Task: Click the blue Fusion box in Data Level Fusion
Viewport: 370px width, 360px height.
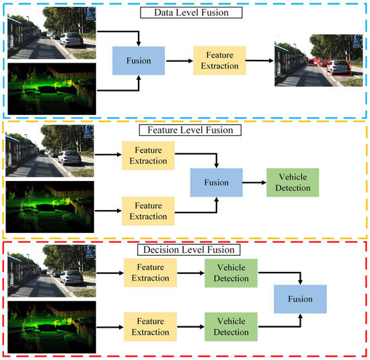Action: coord(137,61)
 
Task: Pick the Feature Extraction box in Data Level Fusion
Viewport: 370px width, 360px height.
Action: coord(217,61)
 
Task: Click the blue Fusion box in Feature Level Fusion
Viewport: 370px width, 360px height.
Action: coord(216,182)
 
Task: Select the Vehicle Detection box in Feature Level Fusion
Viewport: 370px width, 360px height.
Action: coord(292,182)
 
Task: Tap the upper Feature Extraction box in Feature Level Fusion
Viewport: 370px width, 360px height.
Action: coord(147,155)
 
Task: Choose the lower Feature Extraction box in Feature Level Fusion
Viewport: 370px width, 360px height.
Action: coord(147,211)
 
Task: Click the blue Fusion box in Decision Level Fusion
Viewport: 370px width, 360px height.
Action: coord(299,299)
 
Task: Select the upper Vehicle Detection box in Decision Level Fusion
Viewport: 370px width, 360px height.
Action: coord(231,273)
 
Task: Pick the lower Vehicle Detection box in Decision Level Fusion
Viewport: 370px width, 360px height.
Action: coord(231,326)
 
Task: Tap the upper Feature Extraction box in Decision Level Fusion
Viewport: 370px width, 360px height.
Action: coord(150,273)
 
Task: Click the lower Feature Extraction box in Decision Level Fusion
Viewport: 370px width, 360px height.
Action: coord(150,326)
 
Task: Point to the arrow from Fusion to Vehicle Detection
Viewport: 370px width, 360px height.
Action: coord(253,182)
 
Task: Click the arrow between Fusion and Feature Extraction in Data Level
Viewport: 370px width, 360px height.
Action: coord(178,61)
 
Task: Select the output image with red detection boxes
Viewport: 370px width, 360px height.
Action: coord(313,61)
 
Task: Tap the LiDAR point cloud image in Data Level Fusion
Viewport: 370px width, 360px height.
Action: coord(50,87)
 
